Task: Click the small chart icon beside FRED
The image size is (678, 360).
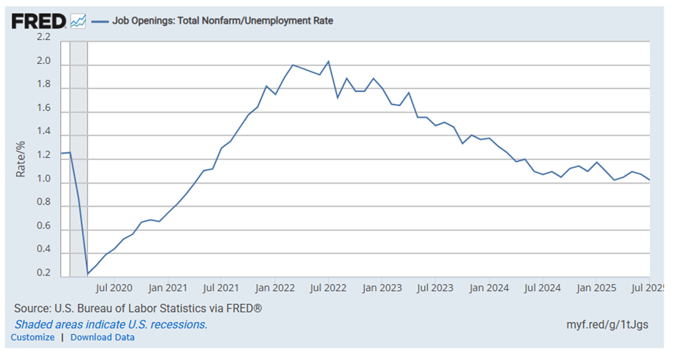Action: pyautogui.click(x=78, y=22)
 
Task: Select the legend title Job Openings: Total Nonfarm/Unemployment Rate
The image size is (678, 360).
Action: pyautogui.click(x=222, y=21)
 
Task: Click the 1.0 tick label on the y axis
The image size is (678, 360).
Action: pyautogui.click(x=44, y=181)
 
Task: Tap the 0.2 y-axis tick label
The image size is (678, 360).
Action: pyautogui.click(x=44, y=273)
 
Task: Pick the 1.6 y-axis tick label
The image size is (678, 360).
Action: pyautogui.click(x=44, y=109)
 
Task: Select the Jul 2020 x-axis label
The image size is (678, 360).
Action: pyautogui.click(x=113, y=288)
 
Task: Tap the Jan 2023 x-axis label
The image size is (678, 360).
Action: pyautogui.click(x=380, y=288)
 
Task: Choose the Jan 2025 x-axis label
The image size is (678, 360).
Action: pyautogui.click(x=595, y=288)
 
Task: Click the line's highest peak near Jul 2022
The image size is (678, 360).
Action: pyautogui.click(x=328, y=61)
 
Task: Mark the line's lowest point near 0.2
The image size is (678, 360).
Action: pyautogui.click(x=88, y=274)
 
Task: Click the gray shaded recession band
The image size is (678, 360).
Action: pyautogui.click(x=78, y=158)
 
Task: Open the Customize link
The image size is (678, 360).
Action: pyautogui.click(x=32, y=337)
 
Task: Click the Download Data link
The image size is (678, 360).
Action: pyautogui.click(x=102, y=337)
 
